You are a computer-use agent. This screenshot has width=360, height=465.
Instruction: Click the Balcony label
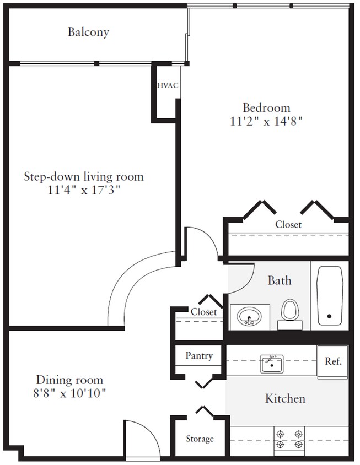point(88,32)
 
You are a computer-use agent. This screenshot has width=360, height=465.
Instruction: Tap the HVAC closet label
point(167,85)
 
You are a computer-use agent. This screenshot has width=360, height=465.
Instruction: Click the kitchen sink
point(271,364)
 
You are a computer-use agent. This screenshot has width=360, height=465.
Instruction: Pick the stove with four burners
point(290,439)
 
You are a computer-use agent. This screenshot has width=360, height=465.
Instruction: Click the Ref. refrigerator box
point(333,362)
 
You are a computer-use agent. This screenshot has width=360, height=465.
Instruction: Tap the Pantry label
point(199,356)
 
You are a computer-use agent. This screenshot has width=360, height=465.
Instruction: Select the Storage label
point(199,439)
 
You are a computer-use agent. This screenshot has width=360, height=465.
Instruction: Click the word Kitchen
point(285,398)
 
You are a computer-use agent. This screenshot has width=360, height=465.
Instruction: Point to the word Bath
point(280,281)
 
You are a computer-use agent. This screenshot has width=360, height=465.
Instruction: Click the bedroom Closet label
point(288,225)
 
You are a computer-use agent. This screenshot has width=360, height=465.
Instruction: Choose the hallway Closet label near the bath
point(203,312)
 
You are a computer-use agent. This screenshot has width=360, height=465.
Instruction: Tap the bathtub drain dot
point(329,317)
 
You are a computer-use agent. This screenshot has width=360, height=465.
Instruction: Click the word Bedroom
point(267,107)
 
